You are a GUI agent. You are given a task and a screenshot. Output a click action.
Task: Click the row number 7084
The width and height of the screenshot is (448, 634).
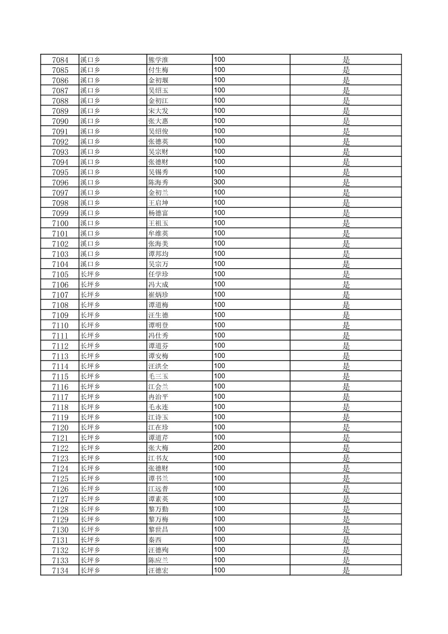click(60, 60)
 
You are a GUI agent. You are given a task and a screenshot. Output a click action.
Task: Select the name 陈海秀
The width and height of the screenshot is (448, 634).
click(158, 183)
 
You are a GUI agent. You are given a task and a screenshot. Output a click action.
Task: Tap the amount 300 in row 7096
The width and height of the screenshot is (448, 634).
click(219, 182)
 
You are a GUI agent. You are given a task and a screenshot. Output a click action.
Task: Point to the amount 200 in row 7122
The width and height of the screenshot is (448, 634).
click(219, 448)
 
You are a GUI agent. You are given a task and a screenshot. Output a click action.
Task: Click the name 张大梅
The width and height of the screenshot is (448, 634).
click(158, 448)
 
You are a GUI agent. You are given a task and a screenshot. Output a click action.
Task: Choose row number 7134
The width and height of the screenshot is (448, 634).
click(60, 571)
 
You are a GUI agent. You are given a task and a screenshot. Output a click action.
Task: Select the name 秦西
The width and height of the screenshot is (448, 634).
click(155, 540)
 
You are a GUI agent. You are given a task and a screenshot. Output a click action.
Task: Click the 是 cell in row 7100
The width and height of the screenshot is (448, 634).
click(346, 224)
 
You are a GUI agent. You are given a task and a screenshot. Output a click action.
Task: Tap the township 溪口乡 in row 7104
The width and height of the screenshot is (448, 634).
click(90, 264)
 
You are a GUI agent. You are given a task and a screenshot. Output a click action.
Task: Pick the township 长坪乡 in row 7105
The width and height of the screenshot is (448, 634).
click(90, 274)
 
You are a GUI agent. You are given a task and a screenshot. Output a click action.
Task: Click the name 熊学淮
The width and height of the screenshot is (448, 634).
click(158, 60)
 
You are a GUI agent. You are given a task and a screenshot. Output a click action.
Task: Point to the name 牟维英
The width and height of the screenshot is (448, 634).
click(158, 234)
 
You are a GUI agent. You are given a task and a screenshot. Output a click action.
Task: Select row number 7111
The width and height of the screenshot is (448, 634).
click(60, 336)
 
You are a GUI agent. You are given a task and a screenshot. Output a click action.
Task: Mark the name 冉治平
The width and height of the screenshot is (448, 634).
click(158, 397)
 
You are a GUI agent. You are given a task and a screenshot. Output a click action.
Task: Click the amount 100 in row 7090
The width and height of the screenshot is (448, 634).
click(219, 121)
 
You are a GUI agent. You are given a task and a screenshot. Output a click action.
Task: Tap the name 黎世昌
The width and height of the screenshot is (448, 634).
click(158, 530)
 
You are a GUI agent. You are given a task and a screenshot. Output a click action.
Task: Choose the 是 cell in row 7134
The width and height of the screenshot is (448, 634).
click(346, 571)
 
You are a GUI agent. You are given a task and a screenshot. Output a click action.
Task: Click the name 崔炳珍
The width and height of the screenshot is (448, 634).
click(158, 295)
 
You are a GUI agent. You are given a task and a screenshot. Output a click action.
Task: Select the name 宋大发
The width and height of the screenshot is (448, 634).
click(158, 111)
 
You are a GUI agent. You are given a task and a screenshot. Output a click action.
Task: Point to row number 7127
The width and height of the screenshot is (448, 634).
click(60, 499)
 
